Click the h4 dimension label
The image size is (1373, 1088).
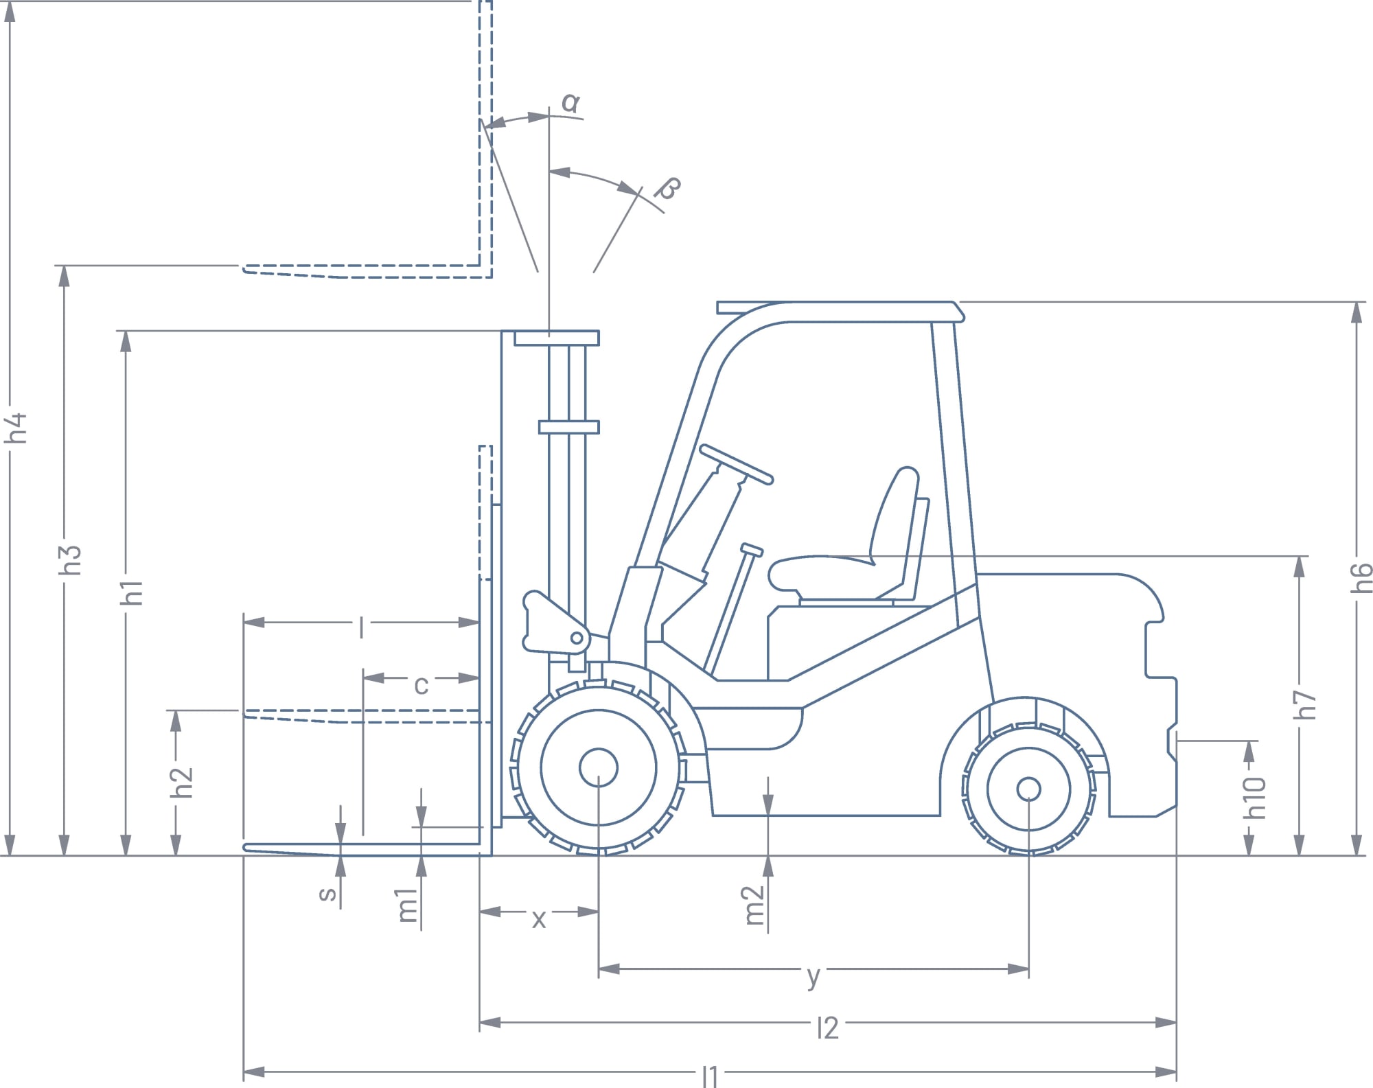[16, 428]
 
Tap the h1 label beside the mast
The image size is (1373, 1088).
[132, 592]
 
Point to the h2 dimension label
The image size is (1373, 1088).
[183, 783]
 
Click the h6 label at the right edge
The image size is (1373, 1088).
[1362, 577]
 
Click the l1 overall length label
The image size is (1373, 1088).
[710, 1076]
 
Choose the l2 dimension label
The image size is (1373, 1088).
[828, 1028]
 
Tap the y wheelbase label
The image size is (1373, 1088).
[814, 977]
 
